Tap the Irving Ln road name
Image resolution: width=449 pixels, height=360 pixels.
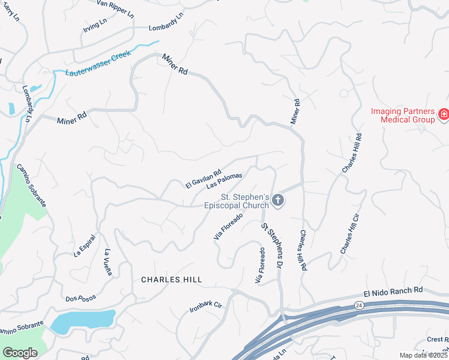(x=95, y=25)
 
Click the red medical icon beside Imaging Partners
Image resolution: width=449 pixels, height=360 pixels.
(x=444, y=114)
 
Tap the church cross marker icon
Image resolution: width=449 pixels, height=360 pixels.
(x=277, y=200)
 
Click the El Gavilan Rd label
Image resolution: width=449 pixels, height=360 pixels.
(x=203, y=178)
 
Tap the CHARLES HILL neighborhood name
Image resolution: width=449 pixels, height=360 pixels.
(x=171, y=280)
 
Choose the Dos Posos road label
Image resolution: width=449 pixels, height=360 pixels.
(x=80, y=298)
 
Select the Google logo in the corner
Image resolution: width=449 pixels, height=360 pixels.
(x=20, y=353)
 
